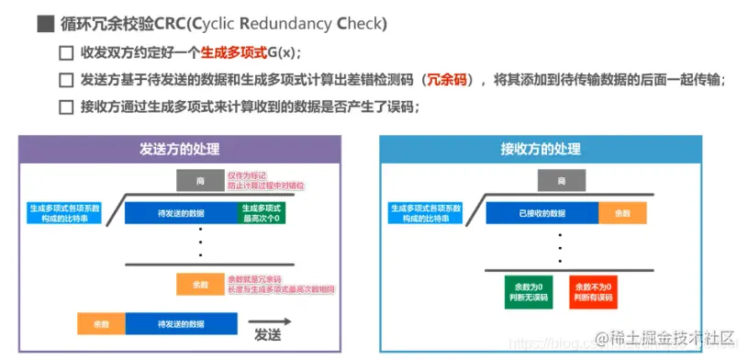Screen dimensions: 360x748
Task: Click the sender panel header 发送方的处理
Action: click(x=180, y=150)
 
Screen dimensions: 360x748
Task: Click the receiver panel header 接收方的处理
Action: click(x=541, y=150)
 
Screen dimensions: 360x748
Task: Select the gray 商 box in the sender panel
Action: click(x=199, y=180)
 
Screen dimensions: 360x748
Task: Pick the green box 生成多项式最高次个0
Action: click(x=262, y=213)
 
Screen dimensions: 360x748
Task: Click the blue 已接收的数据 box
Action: click(x=542, y=213)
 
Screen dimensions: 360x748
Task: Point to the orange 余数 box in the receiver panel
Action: click(x=622, y=213)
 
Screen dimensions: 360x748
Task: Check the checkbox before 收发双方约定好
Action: click(x=65, y=53)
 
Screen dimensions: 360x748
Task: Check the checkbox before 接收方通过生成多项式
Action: click(x=65, y=107)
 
